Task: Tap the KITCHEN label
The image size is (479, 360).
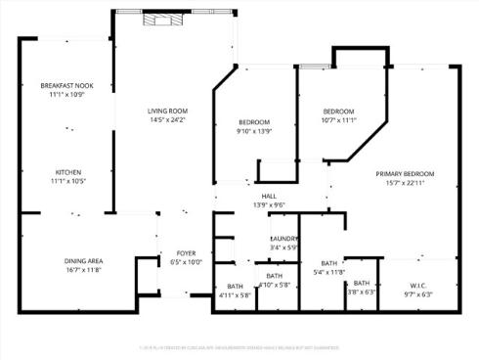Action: (67, 171)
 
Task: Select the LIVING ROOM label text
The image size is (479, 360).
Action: (167, 111)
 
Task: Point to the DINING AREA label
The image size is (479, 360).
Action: (84, 260)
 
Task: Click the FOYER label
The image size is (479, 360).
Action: (186, 253)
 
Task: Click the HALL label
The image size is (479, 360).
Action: (268, 197)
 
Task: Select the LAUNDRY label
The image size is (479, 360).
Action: (283, 239)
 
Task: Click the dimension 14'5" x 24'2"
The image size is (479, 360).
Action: (167, 119)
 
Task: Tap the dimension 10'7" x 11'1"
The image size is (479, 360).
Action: (338, 119)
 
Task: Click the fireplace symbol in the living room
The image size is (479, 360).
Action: (156, 19)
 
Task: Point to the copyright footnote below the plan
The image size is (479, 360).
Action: (239, 345)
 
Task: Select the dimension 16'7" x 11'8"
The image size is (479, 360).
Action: (84, 269)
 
